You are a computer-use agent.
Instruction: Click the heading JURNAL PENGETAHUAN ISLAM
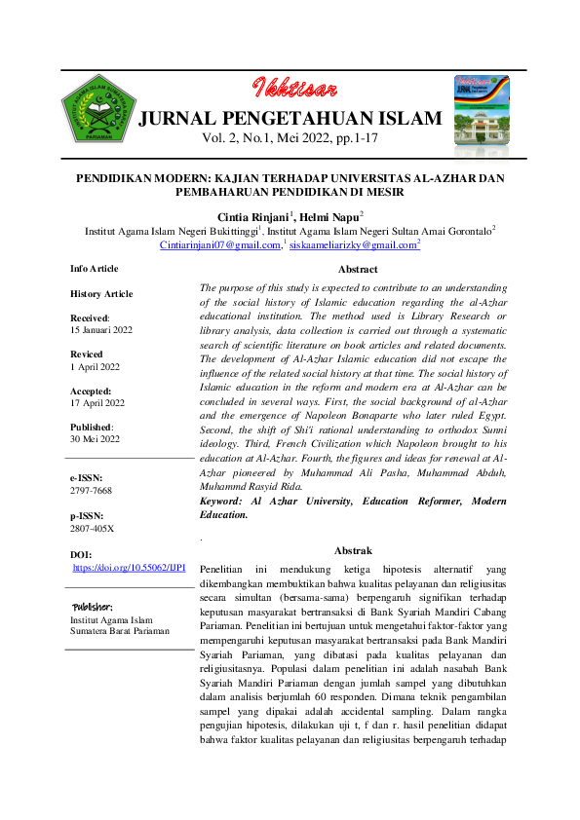290,120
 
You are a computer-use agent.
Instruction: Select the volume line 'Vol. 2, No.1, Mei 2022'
290,140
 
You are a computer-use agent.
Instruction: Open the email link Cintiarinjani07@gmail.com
219,245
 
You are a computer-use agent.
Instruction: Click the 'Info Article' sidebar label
94,268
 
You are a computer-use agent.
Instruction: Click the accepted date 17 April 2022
97,402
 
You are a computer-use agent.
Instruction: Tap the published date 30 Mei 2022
97,439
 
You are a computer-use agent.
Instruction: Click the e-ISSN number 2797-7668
92,492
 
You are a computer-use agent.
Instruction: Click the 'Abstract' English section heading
358,269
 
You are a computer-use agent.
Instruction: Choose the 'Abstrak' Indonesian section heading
353,550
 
